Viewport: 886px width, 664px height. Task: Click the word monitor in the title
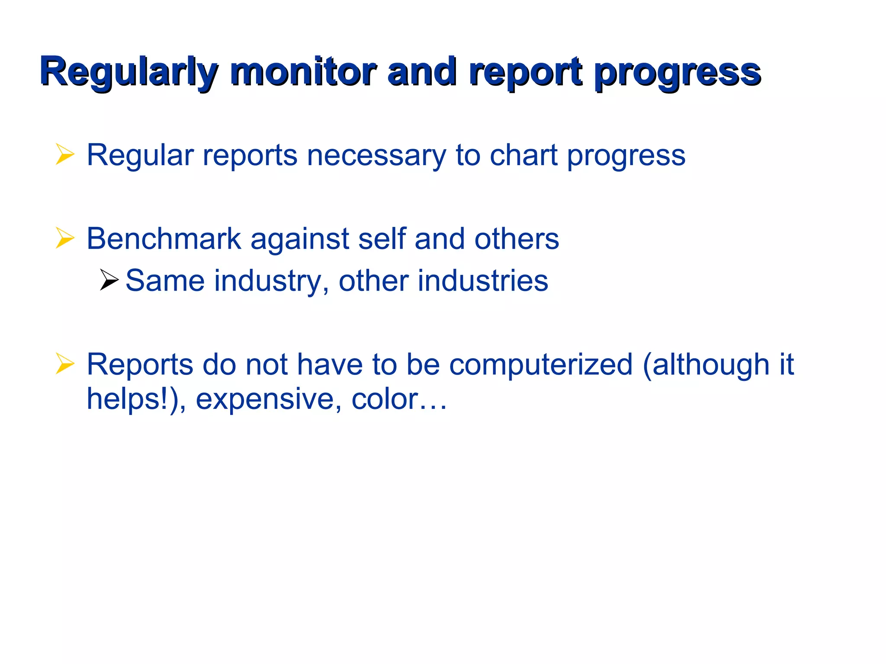click(x=303, y=72)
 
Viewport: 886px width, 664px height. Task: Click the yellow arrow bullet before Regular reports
click(x=65, y=155)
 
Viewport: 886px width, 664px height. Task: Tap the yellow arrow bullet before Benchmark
click(x=65, y=239)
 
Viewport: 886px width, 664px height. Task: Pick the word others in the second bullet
click(x=517, y=239)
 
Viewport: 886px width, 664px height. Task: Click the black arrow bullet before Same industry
click(x=109, y=280)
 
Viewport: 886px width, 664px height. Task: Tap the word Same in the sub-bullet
click(x=165, y=281)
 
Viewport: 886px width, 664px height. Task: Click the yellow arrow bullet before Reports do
click(x=65, y=364)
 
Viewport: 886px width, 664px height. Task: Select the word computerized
click(x=541, y=364)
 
